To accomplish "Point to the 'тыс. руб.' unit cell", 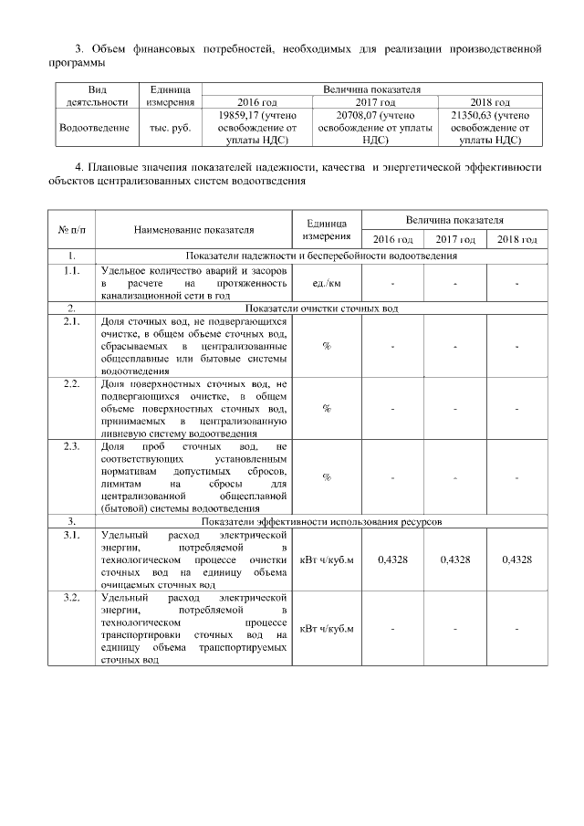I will click(x=171, y=129).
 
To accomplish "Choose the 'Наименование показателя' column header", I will click(x=193, y=229).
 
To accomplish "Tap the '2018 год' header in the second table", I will click(x=516, y=239).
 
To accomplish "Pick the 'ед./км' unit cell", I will click(x=326, y=284).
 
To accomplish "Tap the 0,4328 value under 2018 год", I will click(x=516, y=559).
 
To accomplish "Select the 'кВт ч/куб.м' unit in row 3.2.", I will click(x=326, y=629).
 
